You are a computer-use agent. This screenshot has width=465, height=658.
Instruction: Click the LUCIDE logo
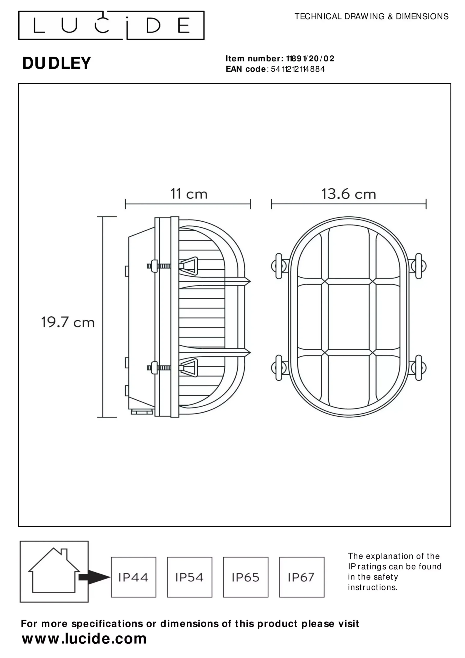(x=111, y=25)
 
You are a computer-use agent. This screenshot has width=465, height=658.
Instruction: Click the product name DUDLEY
(x=57, y=63)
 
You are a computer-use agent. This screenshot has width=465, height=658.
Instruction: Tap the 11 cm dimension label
(x=189, y=194)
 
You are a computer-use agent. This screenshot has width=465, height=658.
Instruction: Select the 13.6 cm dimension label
(x=348, y=194)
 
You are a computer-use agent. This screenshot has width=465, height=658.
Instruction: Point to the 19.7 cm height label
(x=68, y=322)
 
